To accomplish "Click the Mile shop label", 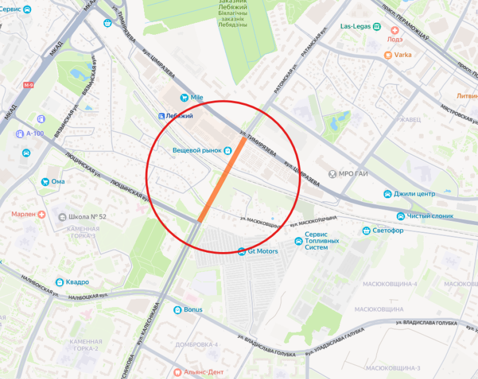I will (198, 97).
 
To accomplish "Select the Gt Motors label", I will (263, 251).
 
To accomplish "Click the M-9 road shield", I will (28, 86).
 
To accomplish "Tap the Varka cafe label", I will (403, 54).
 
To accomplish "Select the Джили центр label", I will (414, 194).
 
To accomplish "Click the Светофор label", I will (388, 231).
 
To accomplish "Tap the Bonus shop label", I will (193, 310).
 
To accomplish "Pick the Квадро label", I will (78, 282).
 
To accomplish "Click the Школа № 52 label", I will (87, 216).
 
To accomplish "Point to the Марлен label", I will (24, 214).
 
